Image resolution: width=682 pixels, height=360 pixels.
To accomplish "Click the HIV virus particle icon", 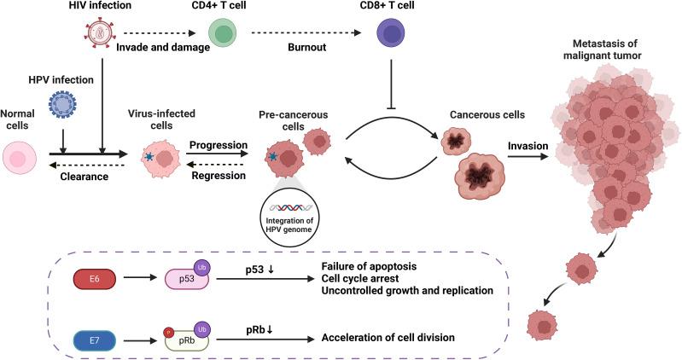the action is [x=99, y=32].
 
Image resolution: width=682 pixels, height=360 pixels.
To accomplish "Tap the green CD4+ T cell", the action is [x=223, y=32].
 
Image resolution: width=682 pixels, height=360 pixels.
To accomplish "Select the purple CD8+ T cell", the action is [x=391, y=32].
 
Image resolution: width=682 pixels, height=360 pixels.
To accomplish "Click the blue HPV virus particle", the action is [x=62, y=105].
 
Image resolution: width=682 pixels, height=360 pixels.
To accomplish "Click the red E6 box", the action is [x=95, y=279].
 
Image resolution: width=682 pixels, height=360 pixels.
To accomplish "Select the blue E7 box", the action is [x=95, y=340].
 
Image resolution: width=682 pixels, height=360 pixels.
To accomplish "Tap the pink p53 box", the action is [x=187, y=279].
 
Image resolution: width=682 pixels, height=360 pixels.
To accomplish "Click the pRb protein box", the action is [x=187, y=340].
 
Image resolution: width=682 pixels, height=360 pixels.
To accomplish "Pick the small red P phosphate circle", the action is [x=168, y=333].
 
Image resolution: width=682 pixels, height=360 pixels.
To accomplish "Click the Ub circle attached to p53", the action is [x=201, y=268].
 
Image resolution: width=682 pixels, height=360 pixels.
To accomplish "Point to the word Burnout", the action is [x=307, y=48].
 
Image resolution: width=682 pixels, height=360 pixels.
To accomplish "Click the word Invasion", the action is [x=528, y=146].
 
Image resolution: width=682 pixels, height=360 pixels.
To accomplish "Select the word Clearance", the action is [x=85, y=177].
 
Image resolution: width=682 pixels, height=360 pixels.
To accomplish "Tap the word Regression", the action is [x=219, y=176].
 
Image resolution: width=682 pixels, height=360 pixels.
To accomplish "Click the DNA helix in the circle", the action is [x=290, y=207].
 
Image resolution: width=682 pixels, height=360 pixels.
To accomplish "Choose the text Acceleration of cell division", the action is [x=388, y=337].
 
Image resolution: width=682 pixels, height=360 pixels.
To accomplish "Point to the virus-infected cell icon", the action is [x=160, y=158].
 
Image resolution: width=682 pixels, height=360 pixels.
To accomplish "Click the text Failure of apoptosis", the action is [x=369, y=266].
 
